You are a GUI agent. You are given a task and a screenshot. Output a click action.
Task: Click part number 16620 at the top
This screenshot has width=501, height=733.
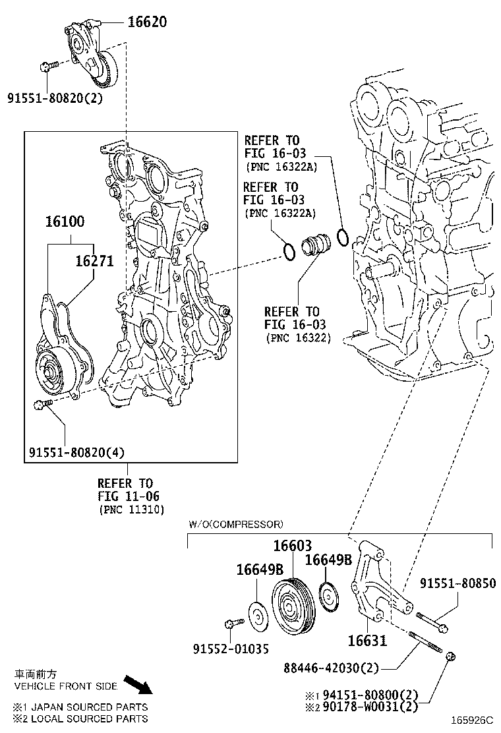tap(146, 22)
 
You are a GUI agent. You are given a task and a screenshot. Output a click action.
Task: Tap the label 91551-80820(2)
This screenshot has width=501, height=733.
tap(55, 98)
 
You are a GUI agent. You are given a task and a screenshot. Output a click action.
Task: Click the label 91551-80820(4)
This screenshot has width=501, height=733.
tap(76, 452)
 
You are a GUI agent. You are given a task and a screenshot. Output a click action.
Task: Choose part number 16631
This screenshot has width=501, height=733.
tap(367, 640)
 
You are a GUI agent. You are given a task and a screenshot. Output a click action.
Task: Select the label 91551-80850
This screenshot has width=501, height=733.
tap(459, 583)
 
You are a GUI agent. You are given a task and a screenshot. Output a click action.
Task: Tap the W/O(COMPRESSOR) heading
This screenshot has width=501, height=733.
tap(236, 525)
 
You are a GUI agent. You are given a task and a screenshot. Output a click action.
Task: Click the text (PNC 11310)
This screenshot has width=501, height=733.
tap(132, 510)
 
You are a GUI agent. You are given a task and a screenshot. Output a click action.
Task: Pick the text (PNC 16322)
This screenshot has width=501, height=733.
tap(299, 337)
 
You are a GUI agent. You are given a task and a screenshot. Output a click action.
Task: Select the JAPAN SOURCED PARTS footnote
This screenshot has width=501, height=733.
tap(80, 707)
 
